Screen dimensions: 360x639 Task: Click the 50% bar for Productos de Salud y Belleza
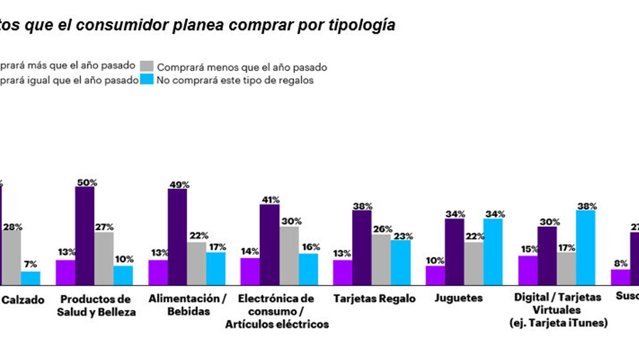point(85,236)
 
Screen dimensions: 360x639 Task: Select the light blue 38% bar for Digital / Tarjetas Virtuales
point(585,248)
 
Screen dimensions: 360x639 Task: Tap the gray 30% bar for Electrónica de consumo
point(289,256)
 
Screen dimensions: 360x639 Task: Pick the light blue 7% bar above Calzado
point(30,278)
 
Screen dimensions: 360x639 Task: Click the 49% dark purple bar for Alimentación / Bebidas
point(177,237)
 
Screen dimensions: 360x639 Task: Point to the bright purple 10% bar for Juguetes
point(435,276)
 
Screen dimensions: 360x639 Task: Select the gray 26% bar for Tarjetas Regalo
point(381,260)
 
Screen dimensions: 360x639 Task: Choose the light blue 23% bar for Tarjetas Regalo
point(401,263)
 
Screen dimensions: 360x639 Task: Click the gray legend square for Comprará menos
point(147,66)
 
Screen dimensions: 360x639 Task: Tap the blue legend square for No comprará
point(147,80)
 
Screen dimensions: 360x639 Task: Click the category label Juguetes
point(458,298)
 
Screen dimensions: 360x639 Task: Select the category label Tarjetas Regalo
point(374,299)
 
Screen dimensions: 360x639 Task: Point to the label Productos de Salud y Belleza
point(96,306)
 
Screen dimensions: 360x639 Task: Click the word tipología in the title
point(362,25)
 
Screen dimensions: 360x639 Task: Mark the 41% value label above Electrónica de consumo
point(270,200)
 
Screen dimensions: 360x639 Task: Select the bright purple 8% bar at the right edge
point(620,277)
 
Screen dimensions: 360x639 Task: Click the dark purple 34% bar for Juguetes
point(454,252)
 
